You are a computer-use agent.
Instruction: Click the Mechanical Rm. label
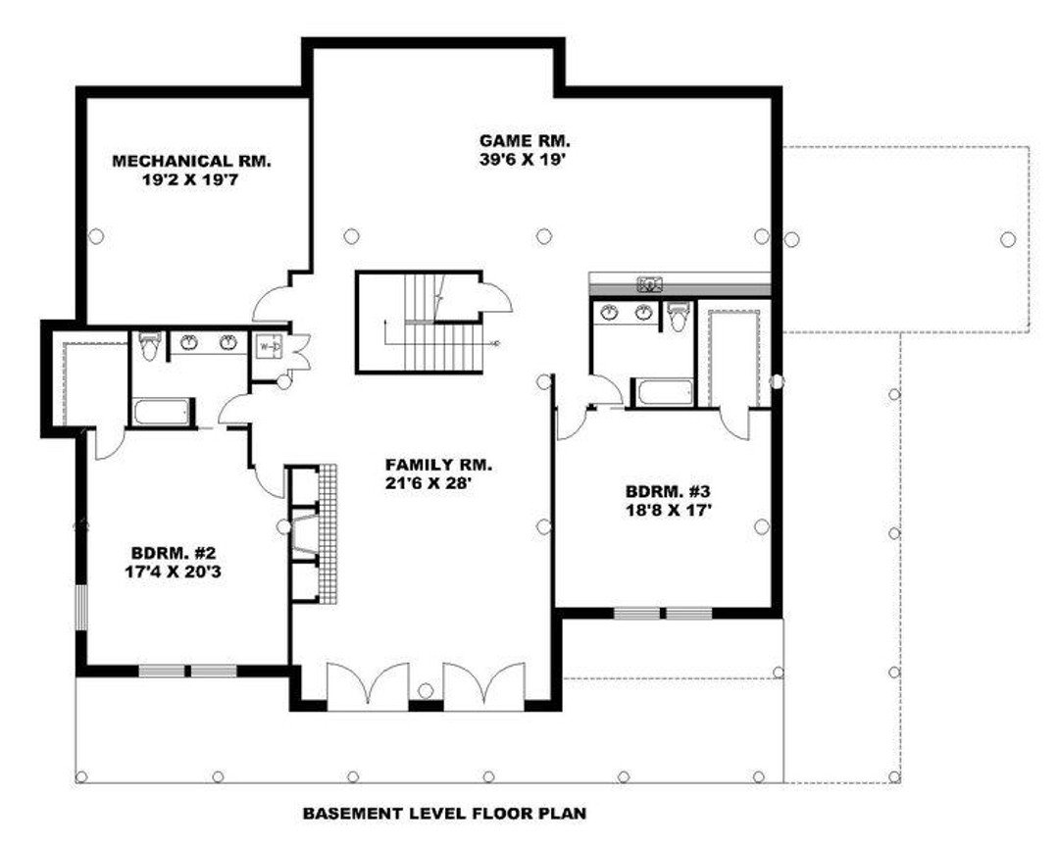tap(191, 161)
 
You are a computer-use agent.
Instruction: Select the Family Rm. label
tap(438, 465)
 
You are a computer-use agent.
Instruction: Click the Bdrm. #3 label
tap(666, 491)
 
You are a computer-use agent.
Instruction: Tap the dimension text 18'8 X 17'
tap(666, 509)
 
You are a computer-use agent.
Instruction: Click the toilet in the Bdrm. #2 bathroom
tap(148, 345)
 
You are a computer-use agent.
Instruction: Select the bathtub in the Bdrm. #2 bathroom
tap(162, 411)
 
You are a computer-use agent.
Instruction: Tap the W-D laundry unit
tap(269, 347)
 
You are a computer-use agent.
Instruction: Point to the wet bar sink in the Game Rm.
tap(649, 285)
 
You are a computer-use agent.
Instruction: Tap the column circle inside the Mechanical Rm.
tap(96, 234)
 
